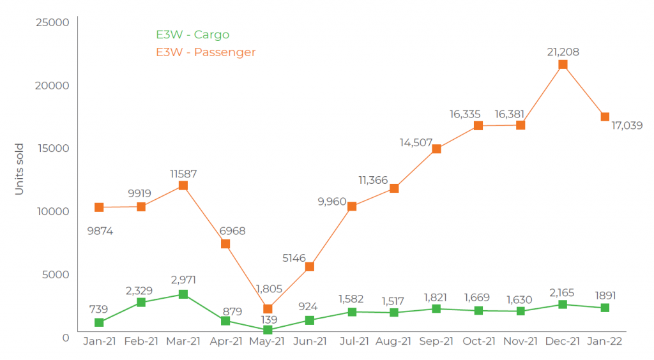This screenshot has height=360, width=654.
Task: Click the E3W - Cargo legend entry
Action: pyautogui.click(x=192, y=34)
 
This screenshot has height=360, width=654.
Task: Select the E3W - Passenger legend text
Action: pyautogui.click(x=206, y=52)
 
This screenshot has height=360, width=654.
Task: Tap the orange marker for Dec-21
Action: pyautogui.click(x=563, y=64)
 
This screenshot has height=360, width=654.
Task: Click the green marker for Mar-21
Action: pyautogui.click(x=183, y=294)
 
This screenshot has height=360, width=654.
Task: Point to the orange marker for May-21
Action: pyautogui.click(x=268, y=309)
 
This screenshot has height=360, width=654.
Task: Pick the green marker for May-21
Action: pyautogui.click(x=268, y=330)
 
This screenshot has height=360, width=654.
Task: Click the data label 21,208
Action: pyautogui.click(x=562, y=52)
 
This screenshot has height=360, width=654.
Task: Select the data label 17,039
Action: pyautogui.click(x=627, y=126)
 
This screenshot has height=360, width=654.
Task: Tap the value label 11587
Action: pyautogui.click(x=183, y=173)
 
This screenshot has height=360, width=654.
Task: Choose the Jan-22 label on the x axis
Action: pyautogui.click(x=605, y=341)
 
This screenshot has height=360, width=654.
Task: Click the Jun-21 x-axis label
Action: pyautogui.click(x=310, y=341)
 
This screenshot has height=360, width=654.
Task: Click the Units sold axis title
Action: pyautogui.click(x=19, y=169)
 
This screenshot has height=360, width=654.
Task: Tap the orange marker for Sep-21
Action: pyautogui.click(x=436, y=149)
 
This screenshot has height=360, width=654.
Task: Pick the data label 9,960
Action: pyautogui.click(x=331, y=202)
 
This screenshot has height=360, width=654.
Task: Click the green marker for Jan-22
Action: pyautogui.click(x=605, y=308)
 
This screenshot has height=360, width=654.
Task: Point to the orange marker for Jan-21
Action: pyautogui.click(x=99, y=207)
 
